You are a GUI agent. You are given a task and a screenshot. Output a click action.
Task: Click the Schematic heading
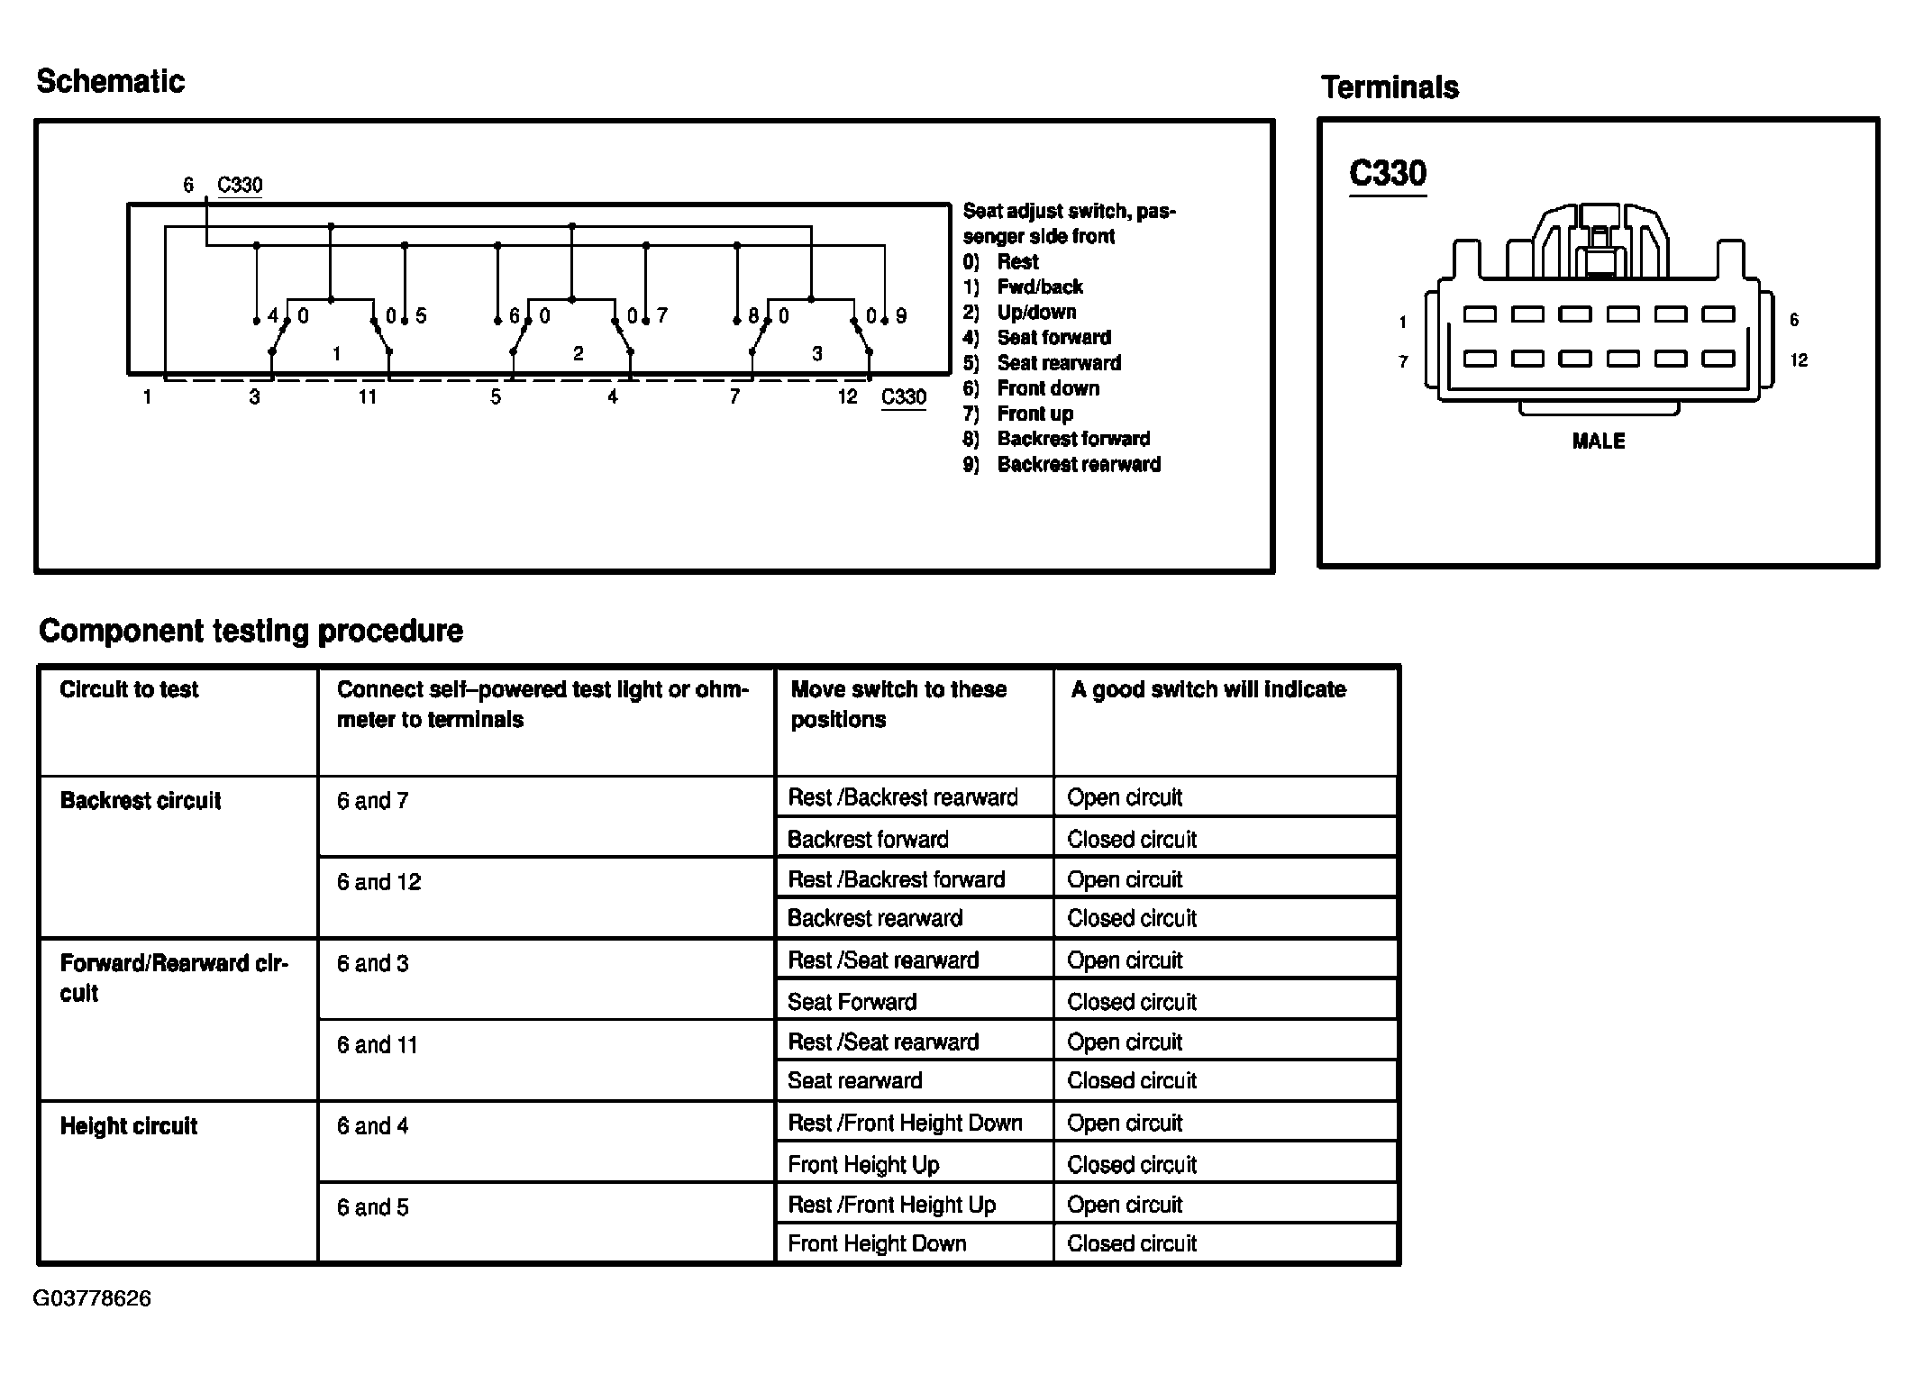tap(111, 82)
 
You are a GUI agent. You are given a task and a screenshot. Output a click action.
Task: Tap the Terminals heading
tap(1390, 87)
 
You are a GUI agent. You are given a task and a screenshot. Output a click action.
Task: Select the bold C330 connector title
tap(1388, 173)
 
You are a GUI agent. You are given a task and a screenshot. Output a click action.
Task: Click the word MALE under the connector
tap(1598, 441)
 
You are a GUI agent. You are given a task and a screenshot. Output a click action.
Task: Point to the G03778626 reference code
tap(92, 1298)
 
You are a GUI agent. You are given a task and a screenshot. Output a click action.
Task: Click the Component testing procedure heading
tap(251, 631)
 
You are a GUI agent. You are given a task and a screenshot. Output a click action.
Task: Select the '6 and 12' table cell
tap(378, 882)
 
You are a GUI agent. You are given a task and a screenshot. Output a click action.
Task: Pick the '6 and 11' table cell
tap(377, 1045)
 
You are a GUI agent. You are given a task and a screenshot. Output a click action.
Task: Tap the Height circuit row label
tap(128, 1126)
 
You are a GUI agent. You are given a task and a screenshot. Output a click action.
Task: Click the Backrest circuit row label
tap(140, 801)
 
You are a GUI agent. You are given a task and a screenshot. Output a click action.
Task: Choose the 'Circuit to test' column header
tap(129, 690)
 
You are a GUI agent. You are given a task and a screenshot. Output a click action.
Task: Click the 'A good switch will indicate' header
tap(1208, 690)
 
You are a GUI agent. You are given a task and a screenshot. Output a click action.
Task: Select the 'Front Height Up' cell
tap(863, 1165)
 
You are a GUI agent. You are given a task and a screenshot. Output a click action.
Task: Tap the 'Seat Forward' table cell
tap(852, 1002)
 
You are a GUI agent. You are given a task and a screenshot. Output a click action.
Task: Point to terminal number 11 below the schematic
tap(367, 397)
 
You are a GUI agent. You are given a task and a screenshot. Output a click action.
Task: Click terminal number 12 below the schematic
tap(847, 397)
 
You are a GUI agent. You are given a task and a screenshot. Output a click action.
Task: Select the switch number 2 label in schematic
tap(579, 354)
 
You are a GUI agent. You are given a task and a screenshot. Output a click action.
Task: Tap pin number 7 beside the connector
tap(1403, 362)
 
